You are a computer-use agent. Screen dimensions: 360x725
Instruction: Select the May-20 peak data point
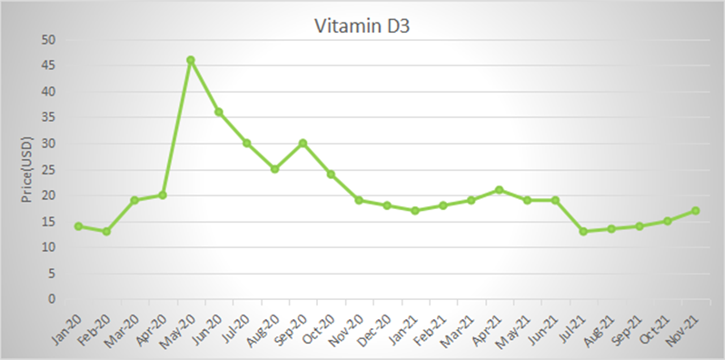point(191,60)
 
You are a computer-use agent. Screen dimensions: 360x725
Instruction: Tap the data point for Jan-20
point(78,226)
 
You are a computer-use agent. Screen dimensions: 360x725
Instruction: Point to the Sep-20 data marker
point(303,143)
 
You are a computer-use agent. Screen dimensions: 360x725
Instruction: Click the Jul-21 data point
point(583,232)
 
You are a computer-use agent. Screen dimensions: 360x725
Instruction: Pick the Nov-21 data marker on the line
point(695,211)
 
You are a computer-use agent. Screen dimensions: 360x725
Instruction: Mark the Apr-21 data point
point(499,190)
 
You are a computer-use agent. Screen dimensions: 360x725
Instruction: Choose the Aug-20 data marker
point(274,169)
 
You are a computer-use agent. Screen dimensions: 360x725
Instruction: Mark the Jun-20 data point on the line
point(218,112)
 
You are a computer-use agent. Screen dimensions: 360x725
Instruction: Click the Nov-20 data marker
point(359,200)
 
